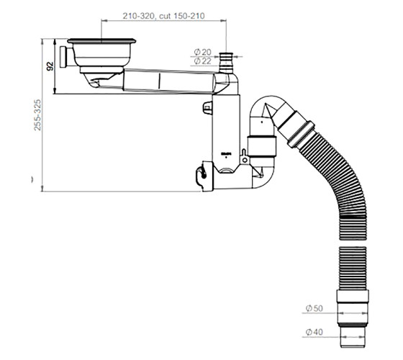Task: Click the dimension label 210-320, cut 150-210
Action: point(163,16)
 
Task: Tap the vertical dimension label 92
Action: point(50,66)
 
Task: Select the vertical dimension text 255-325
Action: point(37,115)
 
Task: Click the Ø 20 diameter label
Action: point(203,52)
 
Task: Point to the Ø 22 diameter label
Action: point(203,61)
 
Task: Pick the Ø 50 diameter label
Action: point(314,308)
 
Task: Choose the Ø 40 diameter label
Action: point(314,332)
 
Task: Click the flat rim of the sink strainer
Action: point(101,40)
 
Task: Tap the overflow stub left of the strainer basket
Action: point(64,57)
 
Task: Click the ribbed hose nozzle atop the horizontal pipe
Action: point(226,63)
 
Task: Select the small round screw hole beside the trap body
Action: point(245,160)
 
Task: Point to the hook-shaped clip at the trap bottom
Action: point(201,175)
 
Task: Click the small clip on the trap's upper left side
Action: point(207,107)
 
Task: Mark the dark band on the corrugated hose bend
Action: point(353,216)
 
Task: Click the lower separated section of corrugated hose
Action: point(353,268)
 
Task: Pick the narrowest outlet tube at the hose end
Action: point(353,337)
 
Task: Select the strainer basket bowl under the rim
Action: point(101,55)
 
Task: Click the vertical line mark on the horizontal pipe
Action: point(160,81)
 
